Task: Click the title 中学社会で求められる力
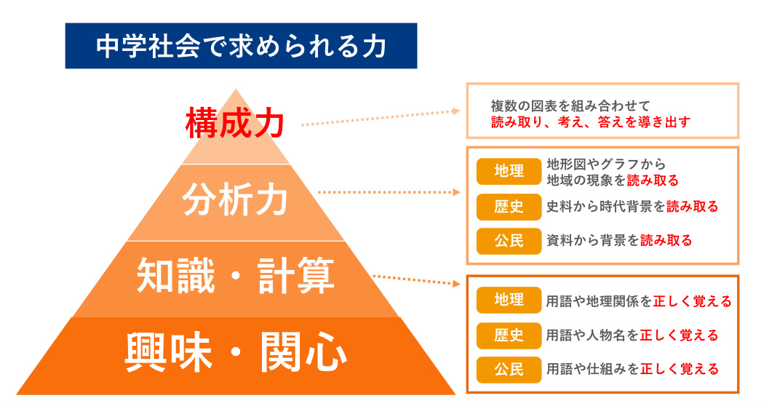pos(241,47)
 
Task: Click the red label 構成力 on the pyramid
pos(235,123)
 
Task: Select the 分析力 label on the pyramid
pos(235,199)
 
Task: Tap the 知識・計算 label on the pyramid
pos(235,275)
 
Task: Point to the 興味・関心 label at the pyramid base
pos(236,352)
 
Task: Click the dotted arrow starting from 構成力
pos(381,118)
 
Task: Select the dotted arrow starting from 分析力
pos(389,192)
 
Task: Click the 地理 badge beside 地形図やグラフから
pos(509,171)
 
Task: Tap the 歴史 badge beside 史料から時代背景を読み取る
pos(509,207)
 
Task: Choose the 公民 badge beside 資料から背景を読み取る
pos(509,241)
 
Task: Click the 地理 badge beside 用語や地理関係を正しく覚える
pos(509,300)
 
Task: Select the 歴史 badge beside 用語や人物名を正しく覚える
pos(509,335)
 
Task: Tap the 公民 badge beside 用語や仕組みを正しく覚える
pos(509,370)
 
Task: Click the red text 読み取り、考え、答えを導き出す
pos(591,122)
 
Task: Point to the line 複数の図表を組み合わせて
pos(570,106)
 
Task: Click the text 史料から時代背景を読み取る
pos(632,207)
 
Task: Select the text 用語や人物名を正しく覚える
pos(632,335)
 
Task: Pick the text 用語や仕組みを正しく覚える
pos(632,370)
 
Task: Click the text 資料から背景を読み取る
pos(619,240)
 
